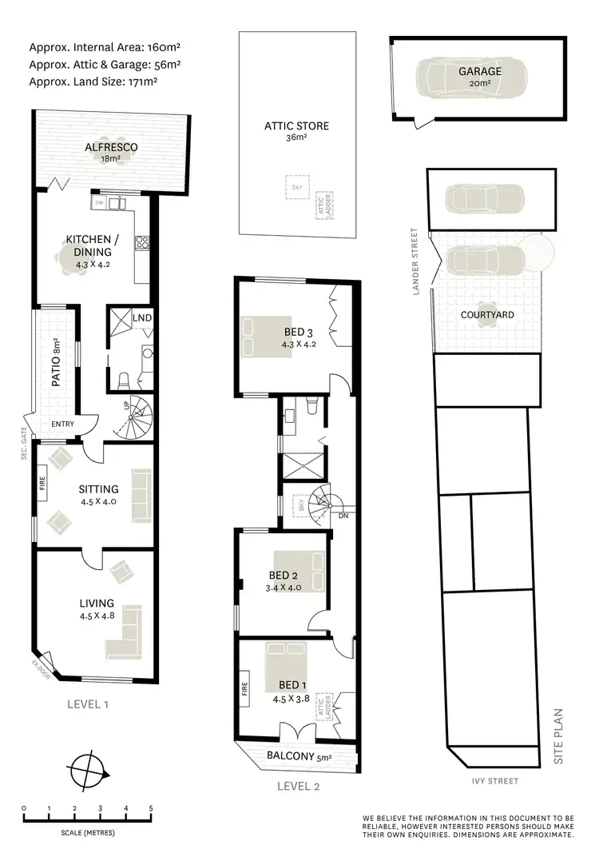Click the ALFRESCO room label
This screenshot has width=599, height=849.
(112, 147)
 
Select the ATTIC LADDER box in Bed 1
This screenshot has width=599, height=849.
(324, 707)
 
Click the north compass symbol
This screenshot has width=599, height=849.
(89, 771)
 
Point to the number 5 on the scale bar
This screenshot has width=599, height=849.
(151, 808)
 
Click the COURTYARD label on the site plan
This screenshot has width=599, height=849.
(487, 315)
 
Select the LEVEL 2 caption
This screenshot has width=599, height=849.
(298, 787)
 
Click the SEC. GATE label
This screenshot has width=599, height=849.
(23, 452)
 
